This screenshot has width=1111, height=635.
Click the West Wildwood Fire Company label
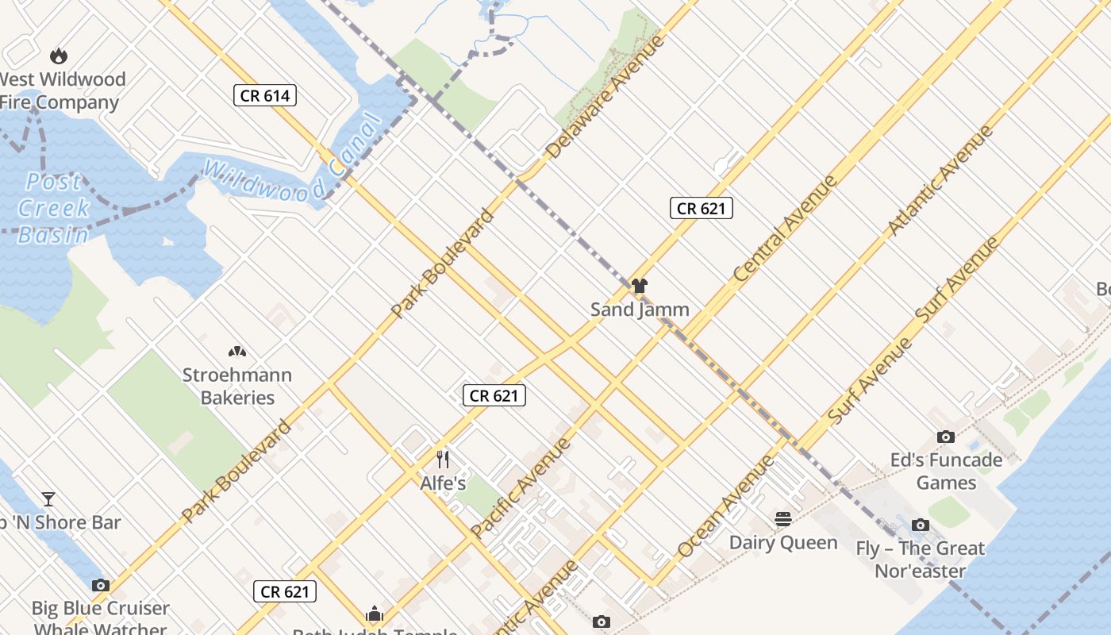(62, 90)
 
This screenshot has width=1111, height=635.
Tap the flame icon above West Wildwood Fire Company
(58, 56)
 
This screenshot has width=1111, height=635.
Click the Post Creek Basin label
(53, 208)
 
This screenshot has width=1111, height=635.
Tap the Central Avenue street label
(785, 229)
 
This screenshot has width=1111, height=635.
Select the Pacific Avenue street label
(521, 487)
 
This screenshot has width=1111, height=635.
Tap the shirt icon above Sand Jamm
(640, 286)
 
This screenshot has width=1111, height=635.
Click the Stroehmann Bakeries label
(237, 386)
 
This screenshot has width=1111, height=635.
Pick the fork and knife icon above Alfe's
(443, 459)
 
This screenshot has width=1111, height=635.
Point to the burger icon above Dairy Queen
(783, 519)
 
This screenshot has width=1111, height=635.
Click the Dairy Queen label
(783, 543)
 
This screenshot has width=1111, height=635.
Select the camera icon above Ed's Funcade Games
(945, 437)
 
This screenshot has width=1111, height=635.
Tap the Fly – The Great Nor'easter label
(920, 560)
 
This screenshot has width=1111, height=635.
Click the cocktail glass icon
(48, 499)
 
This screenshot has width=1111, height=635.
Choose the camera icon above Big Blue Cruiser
(100, 585)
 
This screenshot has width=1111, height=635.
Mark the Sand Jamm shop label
(640, 310)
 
